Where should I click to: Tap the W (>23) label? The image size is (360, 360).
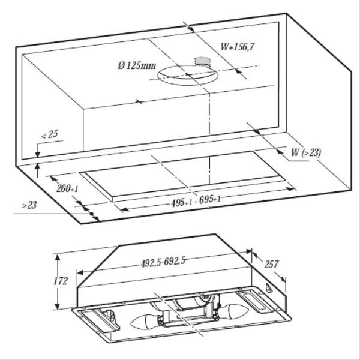(x=305, y=153)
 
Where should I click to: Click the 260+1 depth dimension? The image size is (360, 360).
(x=66, y=189)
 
